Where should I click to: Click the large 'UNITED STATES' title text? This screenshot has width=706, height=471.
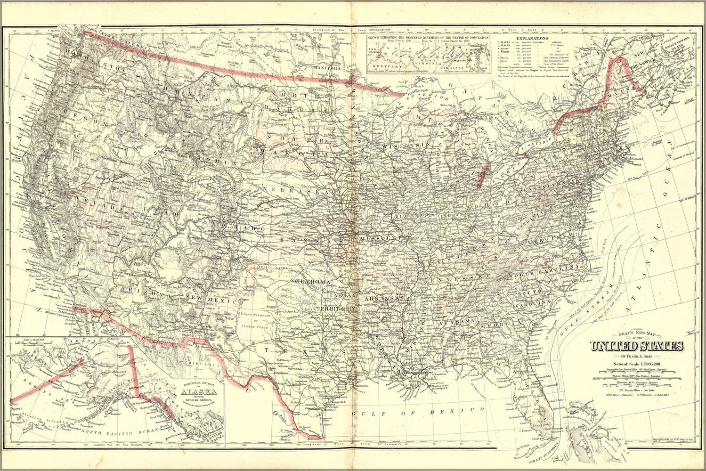tap(638, 347)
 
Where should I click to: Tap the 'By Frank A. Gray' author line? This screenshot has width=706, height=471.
tap(638, 356)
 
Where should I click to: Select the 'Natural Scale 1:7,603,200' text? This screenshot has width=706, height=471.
tap(638, 364)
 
